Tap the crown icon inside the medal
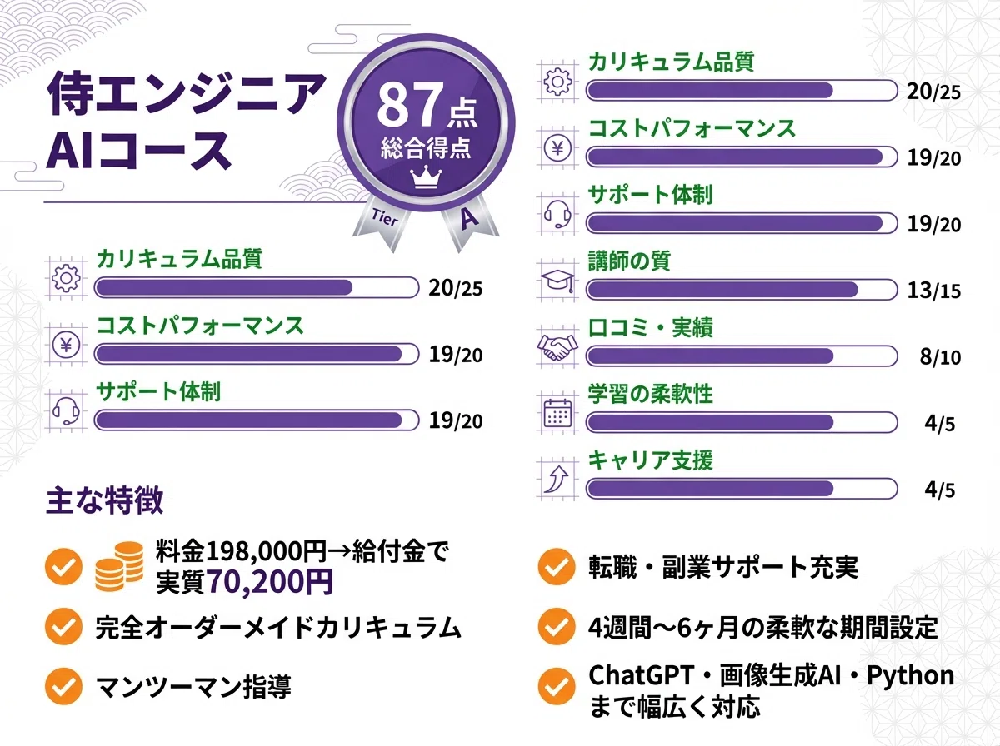[426, 177]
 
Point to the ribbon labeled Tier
[381, 220]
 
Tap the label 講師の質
[629, 261]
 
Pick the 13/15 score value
[933, 291]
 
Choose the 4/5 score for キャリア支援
[939, 490]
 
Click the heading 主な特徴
[104, 501]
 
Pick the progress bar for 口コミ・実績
[742, 356]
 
